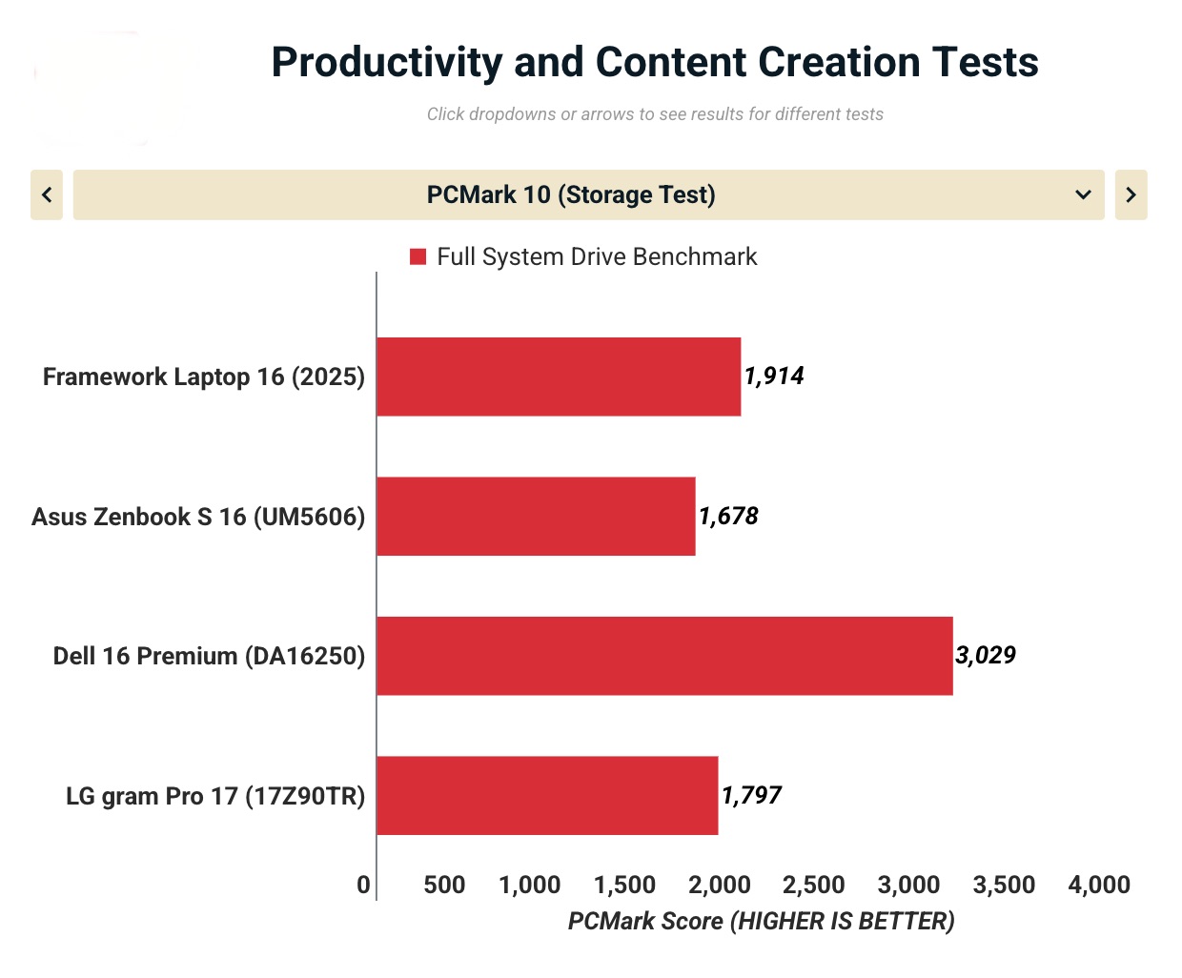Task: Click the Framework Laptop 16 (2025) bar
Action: (559, 377)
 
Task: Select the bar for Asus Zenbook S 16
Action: (536, 517)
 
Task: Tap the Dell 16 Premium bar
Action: (664, 656)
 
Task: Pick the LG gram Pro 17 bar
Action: (547, 796)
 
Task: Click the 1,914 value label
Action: (774, 377)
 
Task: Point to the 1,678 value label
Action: (728, 517)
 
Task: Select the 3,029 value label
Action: (986, 656)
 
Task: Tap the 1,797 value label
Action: (751, 796)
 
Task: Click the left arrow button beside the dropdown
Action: (47, 195)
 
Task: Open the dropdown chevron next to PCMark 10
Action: (1083, 195)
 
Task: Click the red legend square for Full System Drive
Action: (418, 256)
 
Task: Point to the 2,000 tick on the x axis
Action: (720, 886)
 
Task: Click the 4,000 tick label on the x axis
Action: (1099, 886)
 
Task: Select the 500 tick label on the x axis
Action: (444, 886)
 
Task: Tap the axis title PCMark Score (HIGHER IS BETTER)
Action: (761, 922)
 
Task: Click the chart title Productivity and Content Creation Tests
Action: (654, 63)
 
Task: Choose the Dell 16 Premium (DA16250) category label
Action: (209, 657)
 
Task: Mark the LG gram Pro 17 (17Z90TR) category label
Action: (215, 797)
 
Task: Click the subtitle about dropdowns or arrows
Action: (654, 114)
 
